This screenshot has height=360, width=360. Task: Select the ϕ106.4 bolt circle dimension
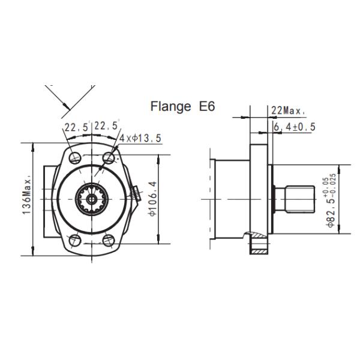point(152,199)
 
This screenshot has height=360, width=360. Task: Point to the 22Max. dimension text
point(288,111)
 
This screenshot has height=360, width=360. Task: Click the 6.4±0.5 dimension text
point(294,127)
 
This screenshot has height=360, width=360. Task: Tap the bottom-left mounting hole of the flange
point(74,241)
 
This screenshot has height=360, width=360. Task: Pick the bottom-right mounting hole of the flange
point(109,241)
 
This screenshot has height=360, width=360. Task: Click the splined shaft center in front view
point(91,199)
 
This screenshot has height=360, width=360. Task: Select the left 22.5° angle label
point(77,127)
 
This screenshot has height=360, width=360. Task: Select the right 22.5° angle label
point(107,126)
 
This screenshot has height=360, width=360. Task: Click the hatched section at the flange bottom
point(260,245)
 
